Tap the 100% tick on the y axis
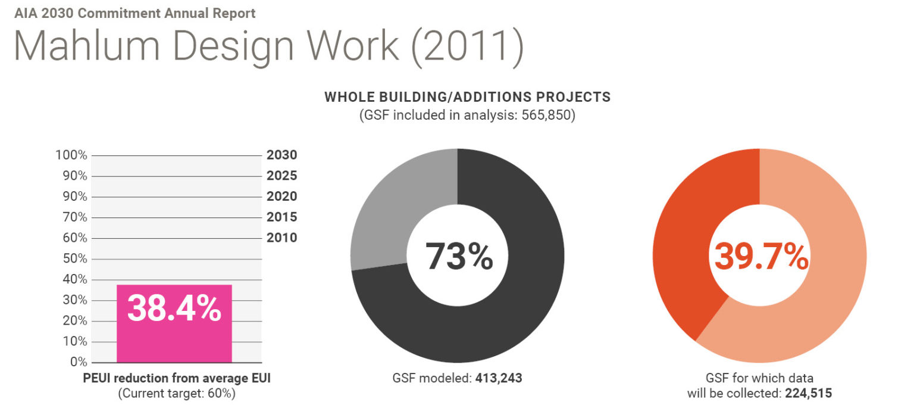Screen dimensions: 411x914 click(71, 155)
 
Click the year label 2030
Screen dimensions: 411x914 click(281, 155)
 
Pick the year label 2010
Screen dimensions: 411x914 click(281, 238)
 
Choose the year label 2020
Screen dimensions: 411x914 click(281, 197)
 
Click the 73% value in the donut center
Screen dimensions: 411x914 click(458, 256)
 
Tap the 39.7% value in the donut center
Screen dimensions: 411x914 click(760, 256)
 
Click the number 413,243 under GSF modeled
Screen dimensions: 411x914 click(499, 378)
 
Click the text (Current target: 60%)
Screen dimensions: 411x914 click(177, 393)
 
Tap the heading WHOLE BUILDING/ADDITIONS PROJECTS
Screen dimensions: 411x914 click(467, 97)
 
